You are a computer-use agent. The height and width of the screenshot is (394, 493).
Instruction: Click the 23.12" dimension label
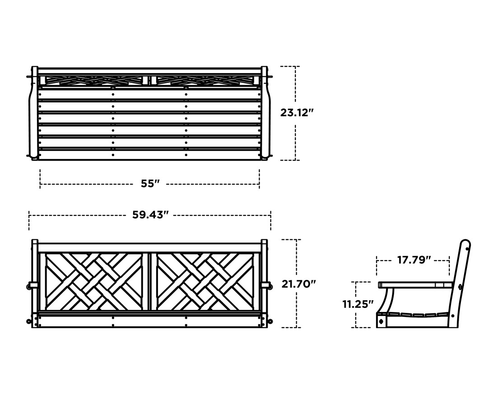(297, 113)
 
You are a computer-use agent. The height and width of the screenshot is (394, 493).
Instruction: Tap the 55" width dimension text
(150, 184)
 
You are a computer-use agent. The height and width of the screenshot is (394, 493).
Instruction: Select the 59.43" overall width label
(150, 215)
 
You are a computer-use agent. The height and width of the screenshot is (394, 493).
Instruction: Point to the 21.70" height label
(298, 284)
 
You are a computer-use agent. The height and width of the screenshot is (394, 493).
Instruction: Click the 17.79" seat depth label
(414, 260)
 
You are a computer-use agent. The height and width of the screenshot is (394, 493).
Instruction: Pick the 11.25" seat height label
(358, 304)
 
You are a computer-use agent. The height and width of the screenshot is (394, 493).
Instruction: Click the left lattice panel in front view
(93, 282)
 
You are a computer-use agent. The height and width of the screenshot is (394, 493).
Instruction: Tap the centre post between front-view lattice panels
(149, 282)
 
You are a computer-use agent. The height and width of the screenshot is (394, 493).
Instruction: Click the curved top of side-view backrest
(465, 244)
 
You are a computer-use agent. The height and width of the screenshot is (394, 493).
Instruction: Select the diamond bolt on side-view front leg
(381, 321)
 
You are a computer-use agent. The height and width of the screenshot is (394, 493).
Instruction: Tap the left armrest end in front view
(33, 285)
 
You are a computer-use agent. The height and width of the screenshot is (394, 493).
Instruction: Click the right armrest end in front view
(268, 285)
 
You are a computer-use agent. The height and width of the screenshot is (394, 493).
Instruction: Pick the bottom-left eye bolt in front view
(29, 321)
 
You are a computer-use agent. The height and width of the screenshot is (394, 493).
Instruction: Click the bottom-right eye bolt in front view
(271, 321)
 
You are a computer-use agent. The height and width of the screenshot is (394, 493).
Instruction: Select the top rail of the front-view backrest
(149, 248)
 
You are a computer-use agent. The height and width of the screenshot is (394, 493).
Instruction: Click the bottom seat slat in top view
(149, 155)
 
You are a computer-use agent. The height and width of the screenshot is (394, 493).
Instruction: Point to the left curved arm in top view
(32, 113)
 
